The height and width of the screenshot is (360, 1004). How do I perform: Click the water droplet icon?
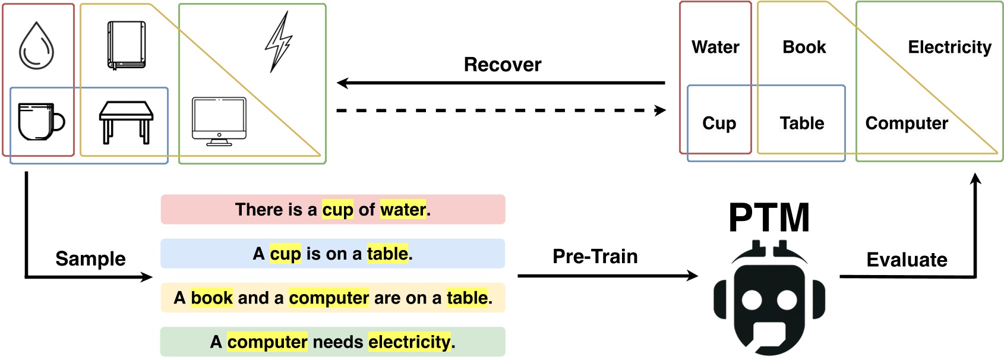tap(36, 46)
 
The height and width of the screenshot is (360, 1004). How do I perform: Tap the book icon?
tap(126, 46)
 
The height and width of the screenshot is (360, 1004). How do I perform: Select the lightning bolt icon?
tap(278, 42)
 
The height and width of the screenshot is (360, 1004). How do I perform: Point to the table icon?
tap(126, 122)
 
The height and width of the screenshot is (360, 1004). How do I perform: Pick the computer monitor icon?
tap(219, 121)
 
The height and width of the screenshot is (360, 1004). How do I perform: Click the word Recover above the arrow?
tap(502, 64)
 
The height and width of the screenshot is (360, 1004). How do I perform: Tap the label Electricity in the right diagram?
tap(949, 47)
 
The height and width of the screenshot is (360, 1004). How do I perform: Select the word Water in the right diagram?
tap(715, 47)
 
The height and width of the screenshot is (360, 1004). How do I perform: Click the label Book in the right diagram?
tap(804, 47)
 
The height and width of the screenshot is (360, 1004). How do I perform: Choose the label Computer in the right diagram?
tap(906, 123)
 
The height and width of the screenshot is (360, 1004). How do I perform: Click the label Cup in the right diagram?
tap(719, 123)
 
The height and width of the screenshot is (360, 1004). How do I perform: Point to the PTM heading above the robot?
tap(769, 217)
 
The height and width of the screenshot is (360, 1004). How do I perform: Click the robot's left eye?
tap(752, 301)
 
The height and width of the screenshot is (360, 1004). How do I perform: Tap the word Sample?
tap(90, 258)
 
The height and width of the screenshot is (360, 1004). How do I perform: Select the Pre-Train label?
tap(595, 256)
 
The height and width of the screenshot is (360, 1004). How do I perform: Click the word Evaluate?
tap(907, 260)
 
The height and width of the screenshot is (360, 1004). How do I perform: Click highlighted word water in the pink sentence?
tap(403, 209)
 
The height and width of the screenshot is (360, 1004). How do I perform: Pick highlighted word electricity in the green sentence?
tap(409, 342)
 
